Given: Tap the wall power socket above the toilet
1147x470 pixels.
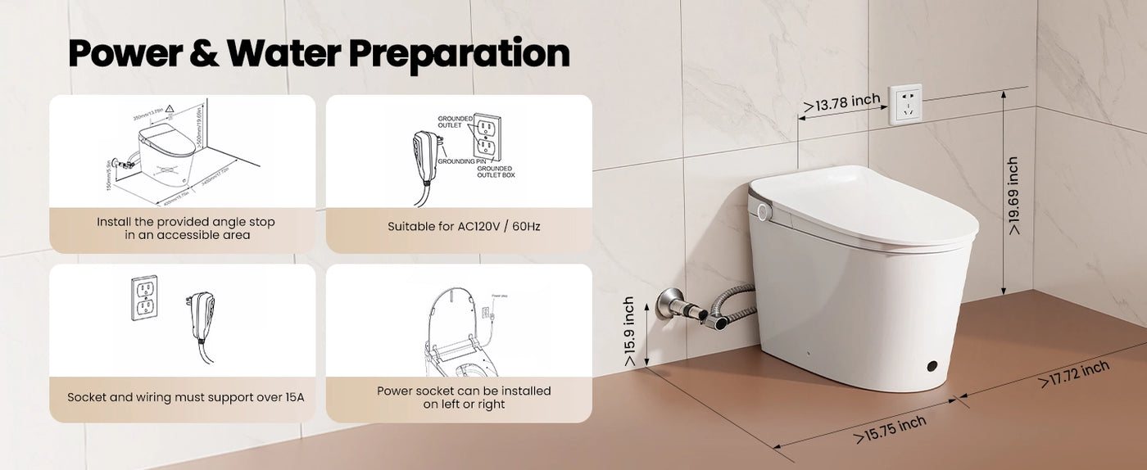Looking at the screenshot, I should pos(905,104).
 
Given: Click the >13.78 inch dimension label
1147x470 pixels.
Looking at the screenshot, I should pos(841,102).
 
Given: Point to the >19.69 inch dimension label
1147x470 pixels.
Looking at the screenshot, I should pos(1013,197).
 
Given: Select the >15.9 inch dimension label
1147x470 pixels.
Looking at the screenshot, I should pos(628,331).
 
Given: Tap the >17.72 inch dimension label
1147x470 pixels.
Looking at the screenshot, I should pos(1074,373).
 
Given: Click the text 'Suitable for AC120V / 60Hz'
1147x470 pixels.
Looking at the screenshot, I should pos(464,226).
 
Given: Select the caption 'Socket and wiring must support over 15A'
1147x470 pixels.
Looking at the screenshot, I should pos(185,397).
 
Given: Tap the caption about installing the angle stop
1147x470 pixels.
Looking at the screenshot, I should pos(185,228).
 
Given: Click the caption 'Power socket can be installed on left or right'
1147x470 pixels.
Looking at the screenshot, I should pos(464,397).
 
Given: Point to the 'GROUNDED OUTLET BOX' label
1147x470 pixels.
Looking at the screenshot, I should pos(496,172).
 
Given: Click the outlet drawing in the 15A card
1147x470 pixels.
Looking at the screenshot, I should pos(145,296).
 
